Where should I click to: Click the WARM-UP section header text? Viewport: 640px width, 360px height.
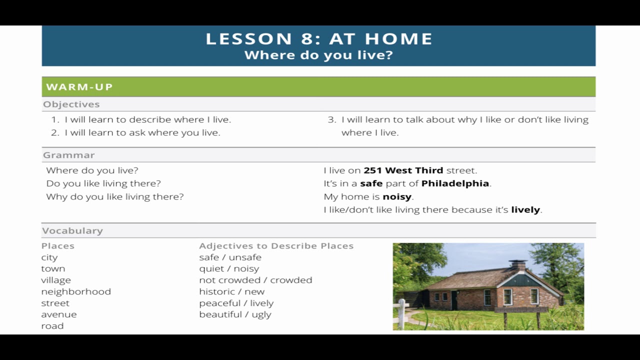pos(79,87)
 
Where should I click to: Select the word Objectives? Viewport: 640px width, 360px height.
pos(71,104)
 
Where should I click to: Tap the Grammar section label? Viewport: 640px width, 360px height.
pos(69,155)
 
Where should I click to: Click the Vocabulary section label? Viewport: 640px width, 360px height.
pos(72,230)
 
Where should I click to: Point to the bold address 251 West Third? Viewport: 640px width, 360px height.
pos(403,170)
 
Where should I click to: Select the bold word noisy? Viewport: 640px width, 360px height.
pos(397,197)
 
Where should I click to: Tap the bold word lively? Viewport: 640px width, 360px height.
pos(525,210)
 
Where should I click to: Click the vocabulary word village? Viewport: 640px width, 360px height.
pos(56,280)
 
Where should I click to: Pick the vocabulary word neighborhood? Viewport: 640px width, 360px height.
pos(76,291)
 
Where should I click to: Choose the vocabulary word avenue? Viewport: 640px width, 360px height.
pos(59,314)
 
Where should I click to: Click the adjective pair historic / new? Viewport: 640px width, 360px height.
pos(232,291)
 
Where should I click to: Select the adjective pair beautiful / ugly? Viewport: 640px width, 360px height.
pos(235,314)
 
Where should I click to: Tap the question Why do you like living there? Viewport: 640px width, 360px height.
pos(115,197)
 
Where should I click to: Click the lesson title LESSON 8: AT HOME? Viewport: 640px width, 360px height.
pos(319,39)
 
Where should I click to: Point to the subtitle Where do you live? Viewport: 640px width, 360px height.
pos(319,55)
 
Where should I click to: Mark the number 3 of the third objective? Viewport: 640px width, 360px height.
pos(331,120)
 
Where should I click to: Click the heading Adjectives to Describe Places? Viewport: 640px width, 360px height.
pos(276,246)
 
